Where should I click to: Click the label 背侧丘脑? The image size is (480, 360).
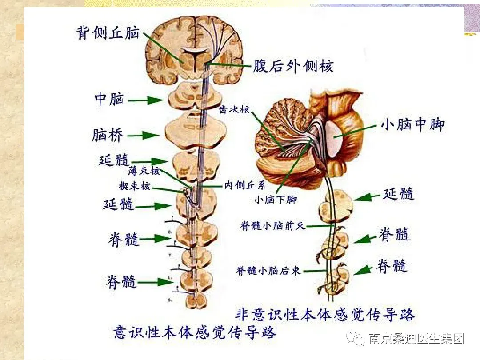(108, 33)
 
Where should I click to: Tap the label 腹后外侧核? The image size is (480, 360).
(293, 66)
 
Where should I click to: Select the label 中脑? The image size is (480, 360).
(109, 99)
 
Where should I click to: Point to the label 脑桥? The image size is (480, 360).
(108, 135)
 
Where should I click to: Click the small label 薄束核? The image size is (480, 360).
(144, 171)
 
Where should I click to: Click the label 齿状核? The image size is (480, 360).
(234, 110)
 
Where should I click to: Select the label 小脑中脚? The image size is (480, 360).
(412, 125)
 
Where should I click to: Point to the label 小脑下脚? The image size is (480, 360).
(275, 200)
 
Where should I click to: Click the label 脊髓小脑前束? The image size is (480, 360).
(272, 226)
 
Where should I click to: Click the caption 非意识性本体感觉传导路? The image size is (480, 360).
(325, 315)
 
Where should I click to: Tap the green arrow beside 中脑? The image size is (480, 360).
(146, 100)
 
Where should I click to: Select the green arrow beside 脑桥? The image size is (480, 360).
(144, 135)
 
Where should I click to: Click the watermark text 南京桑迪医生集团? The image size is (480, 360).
(416, 339)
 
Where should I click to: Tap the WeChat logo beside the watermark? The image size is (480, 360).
(357, 339)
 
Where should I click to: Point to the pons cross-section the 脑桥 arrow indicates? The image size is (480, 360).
(196, 130)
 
